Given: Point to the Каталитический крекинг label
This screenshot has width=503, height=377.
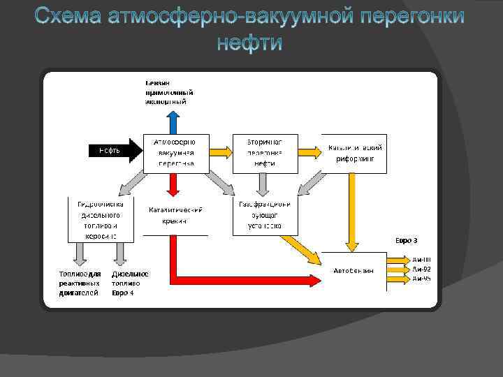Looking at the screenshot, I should (175, 214).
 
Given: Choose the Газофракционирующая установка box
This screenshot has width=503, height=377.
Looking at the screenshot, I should (264, 216).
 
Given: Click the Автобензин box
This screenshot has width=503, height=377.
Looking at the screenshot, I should (353, 270).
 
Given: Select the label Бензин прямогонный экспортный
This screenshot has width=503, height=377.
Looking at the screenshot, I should (168, 91).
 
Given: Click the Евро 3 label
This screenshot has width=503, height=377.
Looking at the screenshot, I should (406, 240).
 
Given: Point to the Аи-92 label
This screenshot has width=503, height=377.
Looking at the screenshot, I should (421, 269).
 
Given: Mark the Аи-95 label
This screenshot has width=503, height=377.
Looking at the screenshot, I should (421, 279).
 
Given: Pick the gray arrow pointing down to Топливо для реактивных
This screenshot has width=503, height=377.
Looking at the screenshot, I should (76, 252).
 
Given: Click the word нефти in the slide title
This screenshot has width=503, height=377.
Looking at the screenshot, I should (249, 43).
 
